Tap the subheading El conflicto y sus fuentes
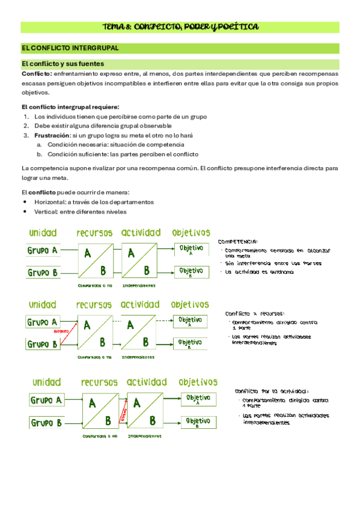click(x=63, y=63)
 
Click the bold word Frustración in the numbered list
click(x=53, y=135)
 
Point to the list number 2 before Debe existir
click(x=26, y=126)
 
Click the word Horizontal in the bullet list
click(x=50, y=202)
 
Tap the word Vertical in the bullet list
click(x=46, y=212)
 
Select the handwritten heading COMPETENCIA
click(x=239, y=241)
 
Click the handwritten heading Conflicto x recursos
click(x=255, y=314)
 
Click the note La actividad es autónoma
click(x=260, y=272)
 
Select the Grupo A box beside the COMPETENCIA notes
click(x=43, y=250)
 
